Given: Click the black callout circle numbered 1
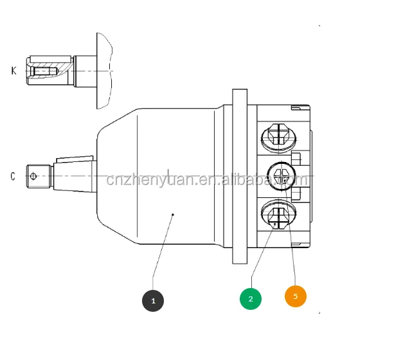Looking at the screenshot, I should (153, 300).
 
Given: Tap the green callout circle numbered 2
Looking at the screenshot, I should (251, 298).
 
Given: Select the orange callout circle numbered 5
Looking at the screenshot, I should (296, 296).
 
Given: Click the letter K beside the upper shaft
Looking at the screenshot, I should (13, 70).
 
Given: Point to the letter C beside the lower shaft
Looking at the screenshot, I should (13, 176).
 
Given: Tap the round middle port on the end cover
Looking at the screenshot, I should (281, 174).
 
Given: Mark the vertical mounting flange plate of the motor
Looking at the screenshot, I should (240, 177).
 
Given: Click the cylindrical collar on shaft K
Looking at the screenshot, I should (84, 70).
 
